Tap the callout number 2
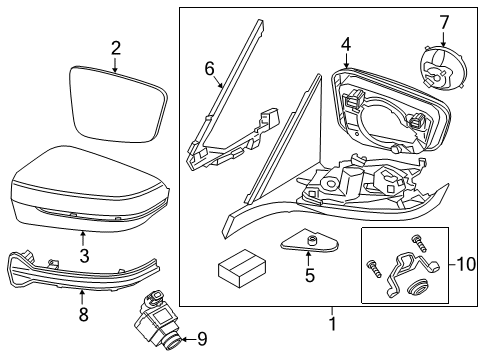pos(115,47)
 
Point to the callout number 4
pos(345,44)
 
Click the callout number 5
pos(309,273)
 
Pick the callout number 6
pos(209,68)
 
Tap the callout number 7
pos(444,22)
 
